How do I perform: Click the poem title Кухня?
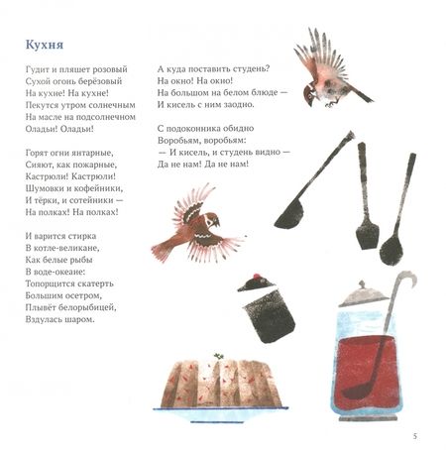(45, 45)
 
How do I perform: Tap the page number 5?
(415, 436)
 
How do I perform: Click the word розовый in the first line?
(110, 69)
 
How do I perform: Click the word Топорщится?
(48, 283)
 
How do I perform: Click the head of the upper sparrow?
(310, 93)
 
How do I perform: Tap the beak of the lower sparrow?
(217, 222)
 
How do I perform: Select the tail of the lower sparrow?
(163, 250)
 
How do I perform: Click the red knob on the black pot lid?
(256, 277)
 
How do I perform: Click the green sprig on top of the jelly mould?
(218, 356)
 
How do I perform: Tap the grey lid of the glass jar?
(364, 294)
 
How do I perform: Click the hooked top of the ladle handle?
(408, 278)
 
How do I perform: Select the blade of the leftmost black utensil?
(289, 215)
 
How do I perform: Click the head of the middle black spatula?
(367, 235)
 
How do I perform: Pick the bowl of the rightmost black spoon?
(391, 249)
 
